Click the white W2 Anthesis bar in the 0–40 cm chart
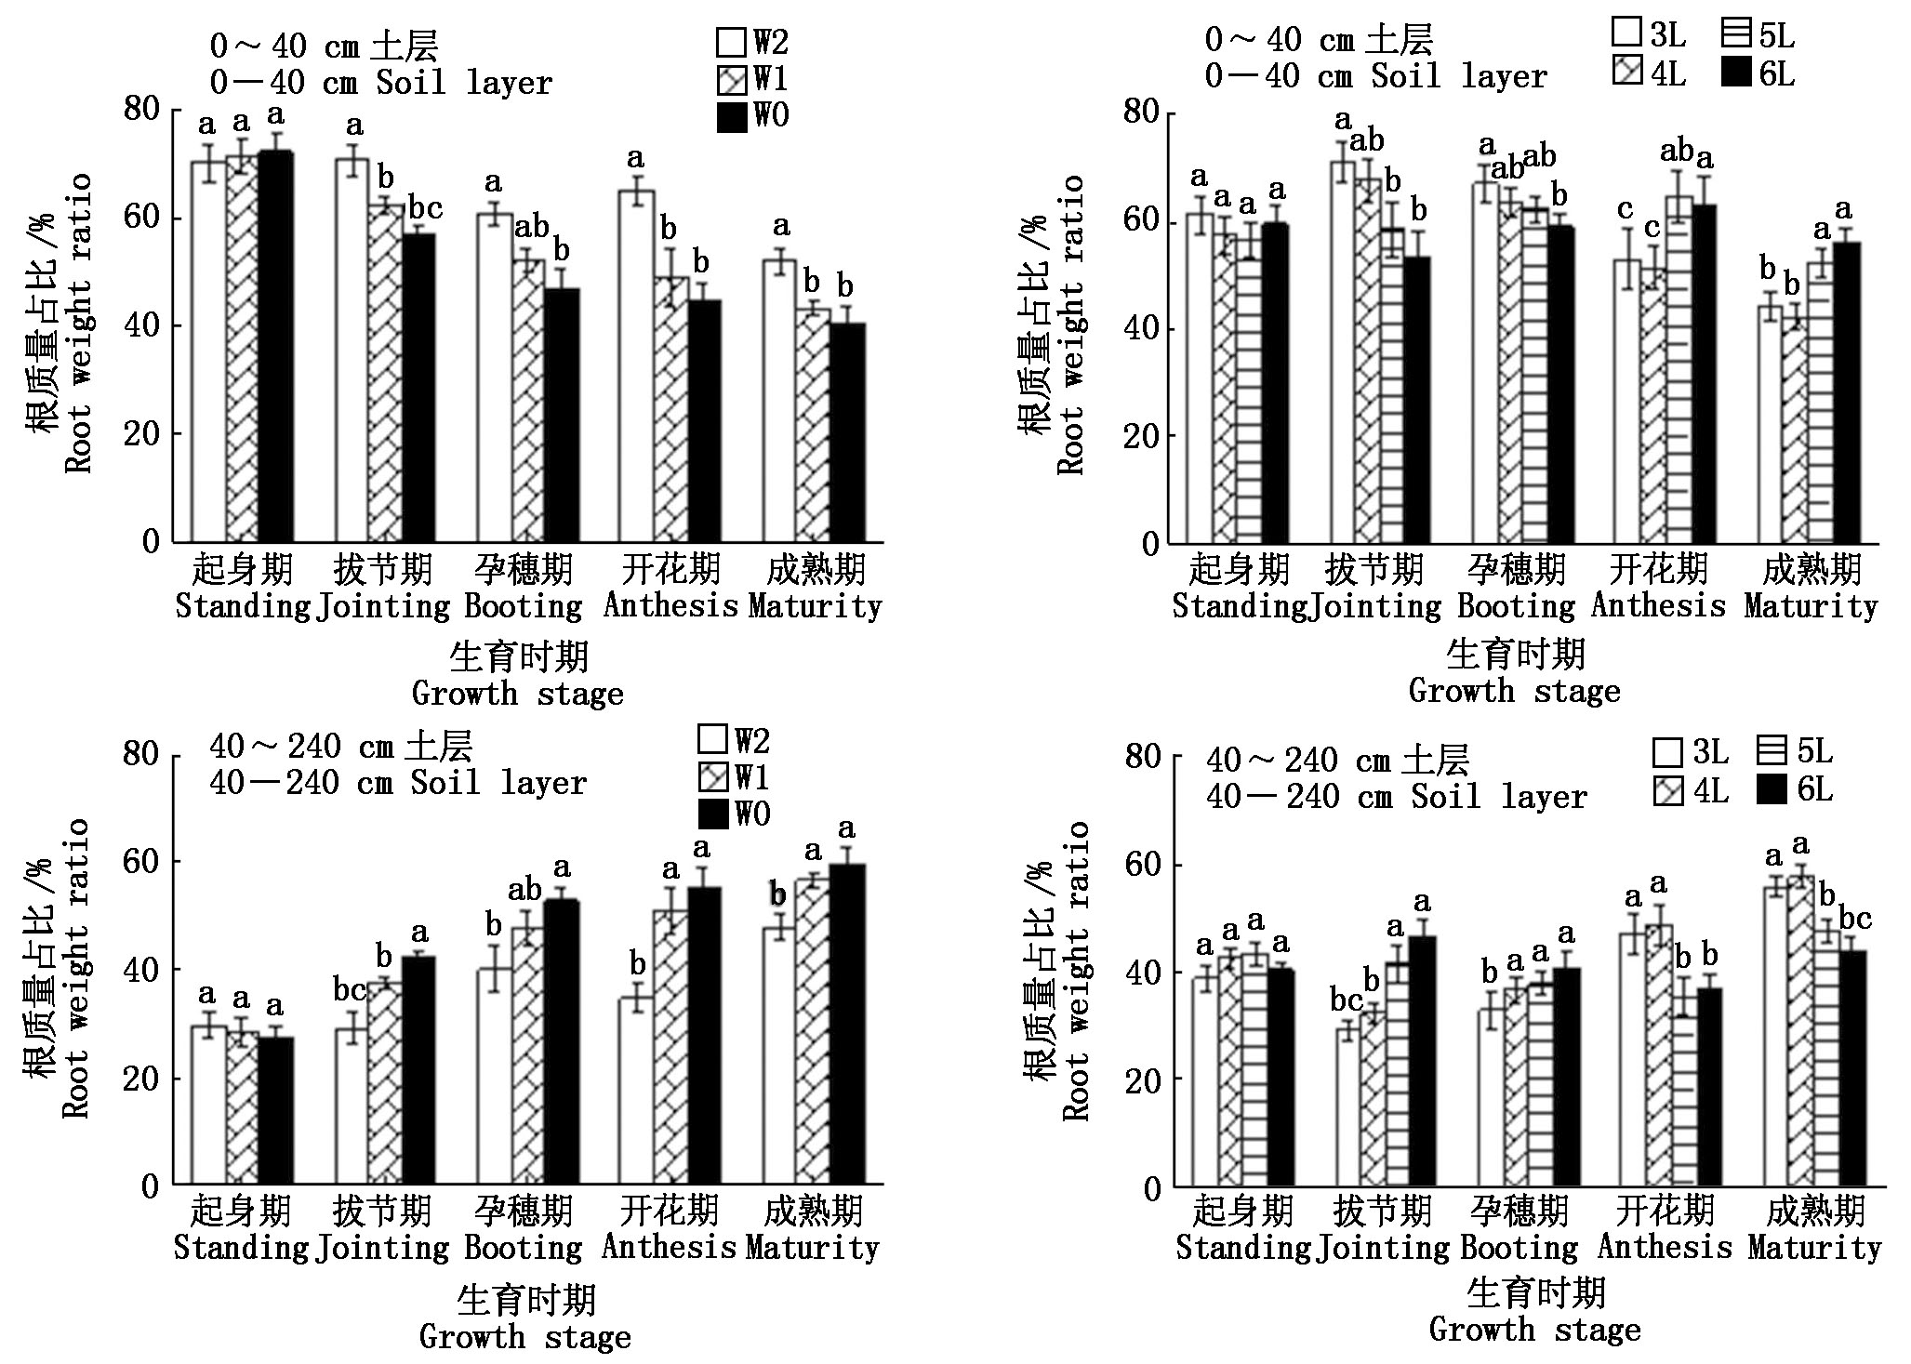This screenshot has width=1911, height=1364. tap(636, 366)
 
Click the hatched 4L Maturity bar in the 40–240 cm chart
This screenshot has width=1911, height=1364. tap(1798, 1031)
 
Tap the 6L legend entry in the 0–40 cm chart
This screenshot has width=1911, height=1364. tap(1757, 73)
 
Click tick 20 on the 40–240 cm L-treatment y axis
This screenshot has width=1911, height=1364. tap(1143, 1079)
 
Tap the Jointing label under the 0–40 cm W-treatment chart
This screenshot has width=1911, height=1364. tap(383, 606)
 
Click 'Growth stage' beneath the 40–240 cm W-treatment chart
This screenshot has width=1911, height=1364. tap(524, 1337)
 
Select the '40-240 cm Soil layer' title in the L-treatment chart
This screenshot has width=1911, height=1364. tap(1396, 796)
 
